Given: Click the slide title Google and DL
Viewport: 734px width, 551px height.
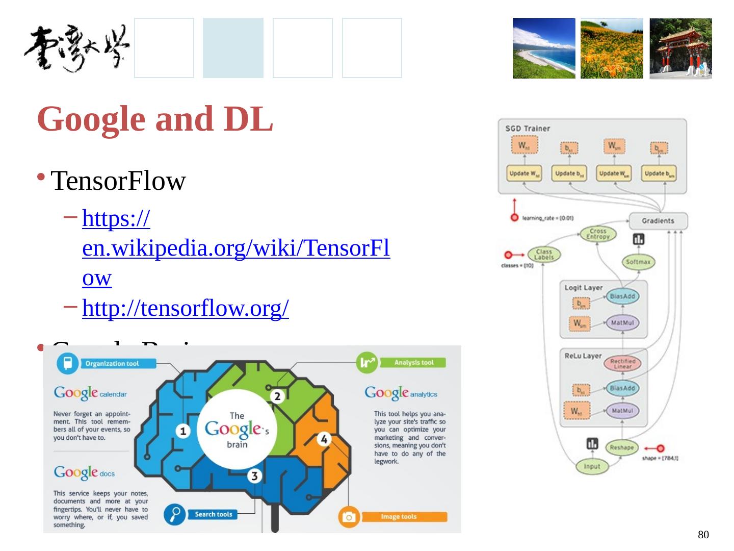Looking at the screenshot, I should click(155, 119).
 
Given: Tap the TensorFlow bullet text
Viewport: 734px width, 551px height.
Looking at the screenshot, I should click(118, 181).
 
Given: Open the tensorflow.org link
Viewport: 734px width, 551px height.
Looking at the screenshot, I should click(186, 308).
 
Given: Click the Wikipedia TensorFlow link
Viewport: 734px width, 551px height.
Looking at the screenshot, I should click(235, 249).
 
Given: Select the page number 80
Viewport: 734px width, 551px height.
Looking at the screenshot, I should click(703, 535).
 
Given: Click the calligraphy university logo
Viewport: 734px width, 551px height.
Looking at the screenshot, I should click(76, 49).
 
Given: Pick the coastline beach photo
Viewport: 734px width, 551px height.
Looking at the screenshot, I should click(543, 48).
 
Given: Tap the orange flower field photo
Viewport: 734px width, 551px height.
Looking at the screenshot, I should click(612, 48).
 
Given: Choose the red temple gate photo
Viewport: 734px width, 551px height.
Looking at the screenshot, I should click(680, 48).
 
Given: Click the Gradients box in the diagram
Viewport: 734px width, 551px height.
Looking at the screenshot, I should click(658, 221).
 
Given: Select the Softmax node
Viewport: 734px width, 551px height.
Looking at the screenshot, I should click(638, 262).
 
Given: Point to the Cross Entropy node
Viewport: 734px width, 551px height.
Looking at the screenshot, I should click(598, 234).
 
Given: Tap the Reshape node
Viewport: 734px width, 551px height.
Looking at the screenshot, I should click(622, 447).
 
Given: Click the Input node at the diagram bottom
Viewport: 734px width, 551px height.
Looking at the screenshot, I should click(592, 466).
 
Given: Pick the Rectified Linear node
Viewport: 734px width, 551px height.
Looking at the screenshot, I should click(622, 363).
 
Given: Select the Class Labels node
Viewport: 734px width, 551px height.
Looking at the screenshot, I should click(544, 254).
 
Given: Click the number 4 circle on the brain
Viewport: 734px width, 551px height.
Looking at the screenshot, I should click(324, 439).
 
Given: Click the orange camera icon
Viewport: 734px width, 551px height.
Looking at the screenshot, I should click(349, 517).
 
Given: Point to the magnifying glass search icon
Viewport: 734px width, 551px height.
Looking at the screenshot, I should click(174, 514).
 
